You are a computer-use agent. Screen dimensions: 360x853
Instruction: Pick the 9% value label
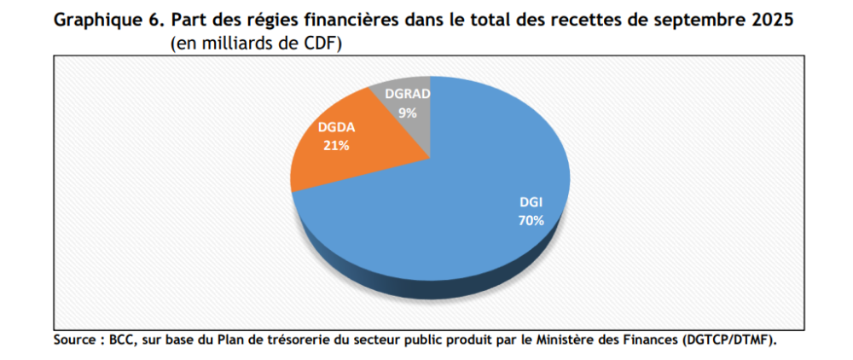(407, 111)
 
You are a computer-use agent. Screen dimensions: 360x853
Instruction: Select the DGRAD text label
(407, 95)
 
